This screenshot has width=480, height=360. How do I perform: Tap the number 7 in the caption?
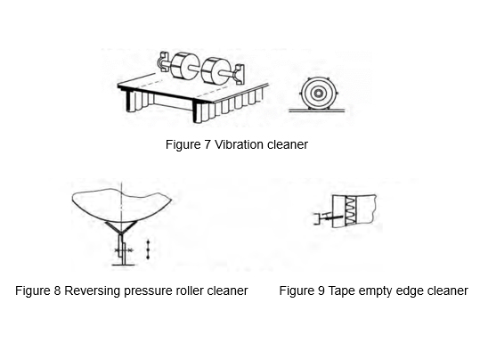[207, 144]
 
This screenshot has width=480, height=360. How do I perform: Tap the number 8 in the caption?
[57, 290]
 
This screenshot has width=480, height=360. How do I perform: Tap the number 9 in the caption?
[321, 290]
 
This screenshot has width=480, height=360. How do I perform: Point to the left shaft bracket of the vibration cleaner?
[163, 61]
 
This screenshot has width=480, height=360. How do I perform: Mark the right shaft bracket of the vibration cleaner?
[239, 74]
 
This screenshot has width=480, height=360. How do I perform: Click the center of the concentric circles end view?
[319, 94]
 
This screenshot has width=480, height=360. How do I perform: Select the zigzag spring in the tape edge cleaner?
[351, 211]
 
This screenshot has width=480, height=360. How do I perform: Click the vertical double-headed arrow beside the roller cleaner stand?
[148, 250]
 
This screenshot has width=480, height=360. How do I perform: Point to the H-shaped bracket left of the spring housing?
[319, 218]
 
